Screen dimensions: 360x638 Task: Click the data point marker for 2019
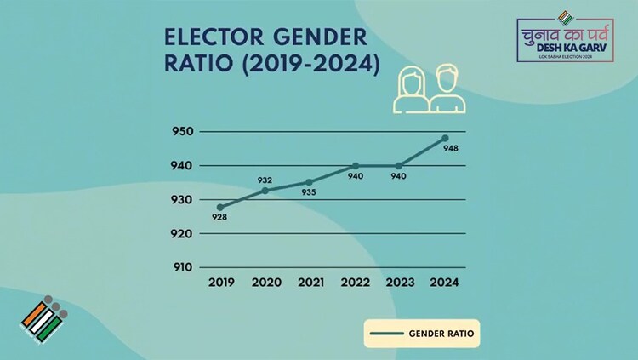[220, 207]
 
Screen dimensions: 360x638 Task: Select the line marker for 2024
[445, 138]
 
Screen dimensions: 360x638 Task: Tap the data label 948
[452, 150]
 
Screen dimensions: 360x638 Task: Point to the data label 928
[220, 219]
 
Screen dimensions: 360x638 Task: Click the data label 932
[265, 180]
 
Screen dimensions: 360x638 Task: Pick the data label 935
[309, 193]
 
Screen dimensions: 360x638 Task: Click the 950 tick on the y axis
[183, 132]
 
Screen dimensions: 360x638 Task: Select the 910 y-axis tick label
[183, 266]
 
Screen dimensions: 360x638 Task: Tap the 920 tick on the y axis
[183, 232]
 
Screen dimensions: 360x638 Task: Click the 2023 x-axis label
[400, 283]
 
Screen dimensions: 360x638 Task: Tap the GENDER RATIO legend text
[441, 334]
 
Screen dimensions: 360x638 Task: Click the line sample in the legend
[387, 334]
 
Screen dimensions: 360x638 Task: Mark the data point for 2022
[356, 165]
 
